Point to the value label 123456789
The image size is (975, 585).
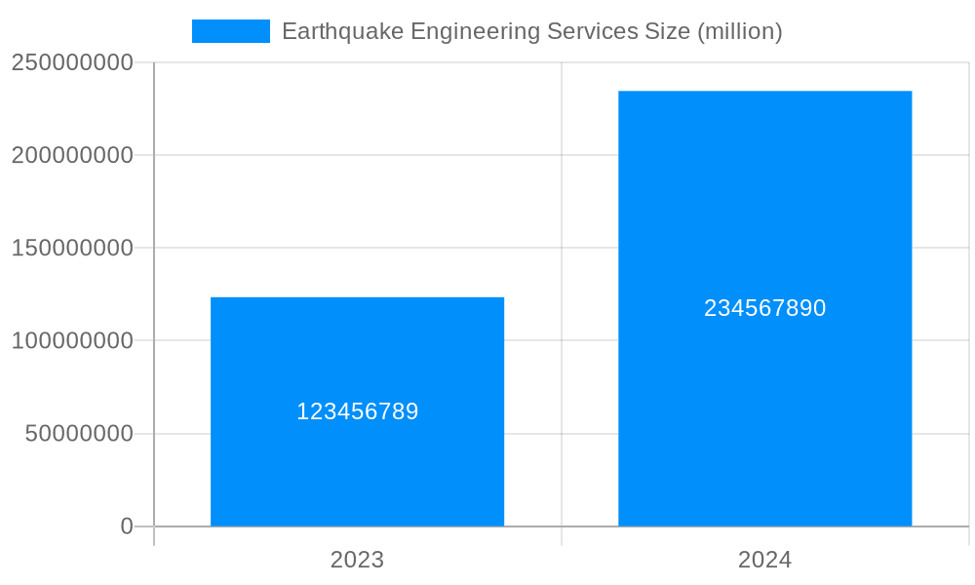click(x=357, y=411)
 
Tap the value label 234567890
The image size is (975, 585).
click(x=764, y=308)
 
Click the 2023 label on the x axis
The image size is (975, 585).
click(x=357, y=560)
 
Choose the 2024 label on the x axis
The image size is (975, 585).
click(x=764, y=560)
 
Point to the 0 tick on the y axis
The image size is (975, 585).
click(x=127, y=526)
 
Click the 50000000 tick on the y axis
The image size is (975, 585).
click(x=79, y=434)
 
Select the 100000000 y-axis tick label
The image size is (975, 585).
click(x=72, y=341)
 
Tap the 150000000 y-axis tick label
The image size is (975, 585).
click(x=72, y=248)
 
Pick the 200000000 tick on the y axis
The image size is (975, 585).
click(x=72, y=155)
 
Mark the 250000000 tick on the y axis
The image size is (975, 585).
click(x=72, y=62)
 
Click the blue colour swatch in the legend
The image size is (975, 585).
click(x=230, y=31)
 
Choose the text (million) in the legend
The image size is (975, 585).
click(x=740, y=31)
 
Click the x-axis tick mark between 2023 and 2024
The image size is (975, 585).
click(x=562, y=536)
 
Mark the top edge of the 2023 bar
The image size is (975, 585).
click(x=357, y=297)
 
